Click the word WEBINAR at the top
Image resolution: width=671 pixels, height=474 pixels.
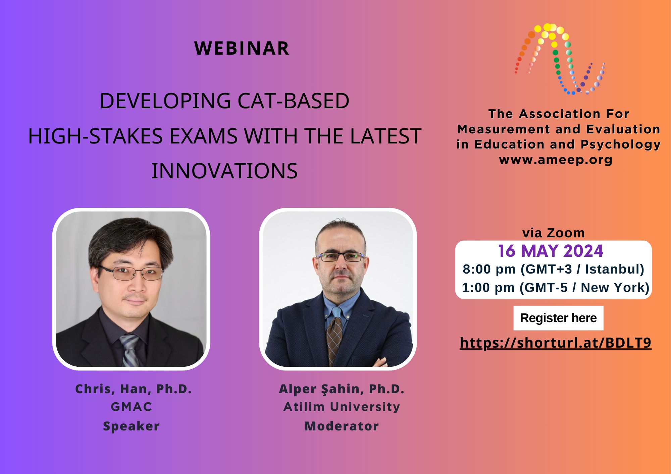point(242,48)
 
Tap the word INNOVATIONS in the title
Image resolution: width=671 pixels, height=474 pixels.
point(224,171)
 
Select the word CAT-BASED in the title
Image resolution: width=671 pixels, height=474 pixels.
point(293,101)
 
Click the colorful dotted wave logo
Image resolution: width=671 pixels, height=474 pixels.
point(560,59)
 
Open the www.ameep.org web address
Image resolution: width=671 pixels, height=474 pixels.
point(556,160)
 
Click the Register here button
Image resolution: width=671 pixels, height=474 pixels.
point(558,318)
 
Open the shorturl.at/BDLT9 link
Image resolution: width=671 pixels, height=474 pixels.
point(556,343)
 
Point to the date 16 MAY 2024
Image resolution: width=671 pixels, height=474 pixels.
point(551,251)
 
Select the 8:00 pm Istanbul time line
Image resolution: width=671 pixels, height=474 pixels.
point(554,269)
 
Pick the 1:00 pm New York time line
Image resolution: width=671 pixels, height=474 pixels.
point(556,288)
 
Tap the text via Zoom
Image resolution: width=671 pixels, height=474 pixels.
point(554,233)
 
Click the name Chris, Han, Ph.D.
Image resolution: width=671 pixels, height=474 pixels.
point(134,389)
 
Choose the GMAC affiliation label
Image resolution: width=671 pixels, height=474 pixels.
point(132,407)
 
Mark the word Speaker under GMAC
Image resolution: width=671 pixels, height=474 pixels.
point(132,426)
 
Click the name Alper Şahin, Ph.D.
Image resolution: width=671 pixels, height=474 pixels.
point(342,389)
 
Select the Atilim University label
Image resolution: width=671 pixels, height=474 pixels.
point(342,407)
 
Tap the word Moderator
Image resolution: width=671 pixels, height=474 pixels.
point(342,426)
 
